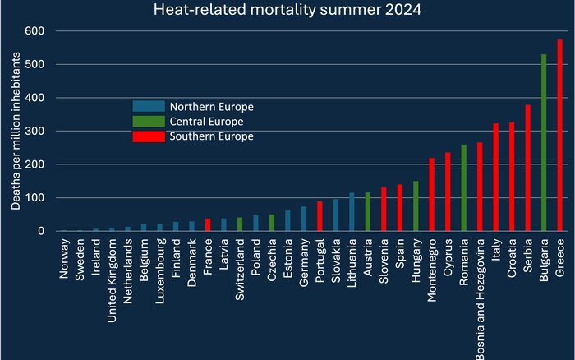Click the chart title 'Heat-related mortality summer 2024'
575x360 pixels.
pyautogui.click(x=287, y=11)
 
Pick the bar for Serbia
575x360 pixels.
pyautogui.click(x=528, y=168)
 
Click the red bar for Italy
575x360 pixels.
pyautogui.click(x=496, y=178)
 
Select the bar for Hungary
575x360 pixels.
pyautogui.click(x=416, y=206)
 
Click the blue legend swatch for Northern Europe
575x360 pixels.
pyautogui.click(x=148, y=106)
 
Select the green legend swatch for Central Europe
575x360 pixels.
pyautogui.click(x=148, y=121)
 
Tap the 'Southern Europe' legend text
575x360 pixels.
pyautogui.click(x=211, y=136)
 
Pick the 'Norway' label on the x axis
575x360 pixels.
pyautogui.click(x=64, y=256)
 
